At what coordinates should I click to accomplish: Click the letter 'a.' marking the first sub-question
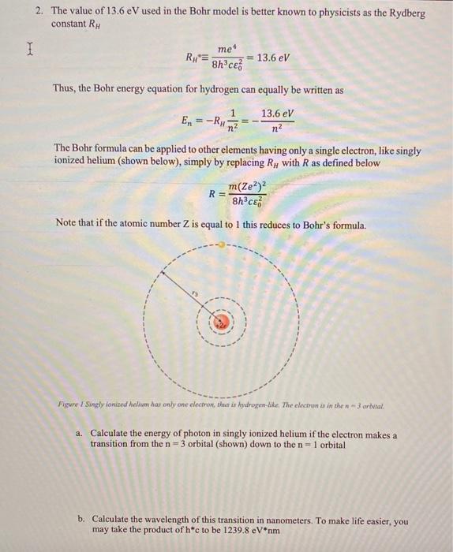(80, 435)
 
